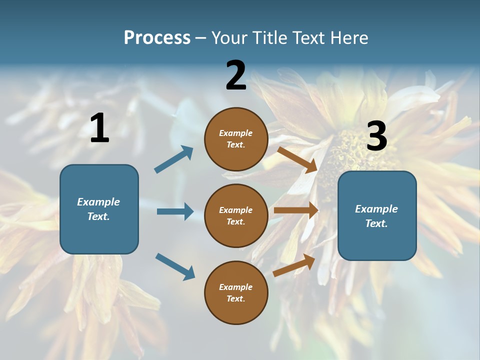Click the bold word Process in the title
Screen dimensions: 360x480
(x=157, y=37)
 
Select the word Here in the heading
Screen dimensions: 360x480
(x=348, y=37)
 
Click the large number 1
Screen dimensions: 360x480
(x=99, y=129)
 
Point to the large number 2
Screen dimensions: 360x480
(x=236, y=75)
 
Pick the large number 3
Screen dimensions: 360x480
(x=376, y=136)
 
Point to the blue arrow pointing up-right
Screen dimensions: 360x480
(x=174, y=159)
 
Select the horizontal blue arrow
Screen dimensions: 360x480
(x=175, y=211)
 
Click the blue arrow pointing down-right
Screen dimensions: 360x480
(x=175, y=266)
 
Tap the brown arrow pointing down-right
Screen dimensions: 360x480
(x=297, y=159)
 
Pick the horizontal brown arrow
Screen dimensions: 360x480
(x=296, y=210)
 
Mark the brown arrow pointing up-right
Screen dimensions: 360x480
(x=294, y=265)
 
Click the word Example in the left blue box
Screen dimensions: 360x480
(x=98, y=202)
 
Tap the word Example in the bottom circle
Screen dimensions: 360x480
(x=235, y=287)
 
